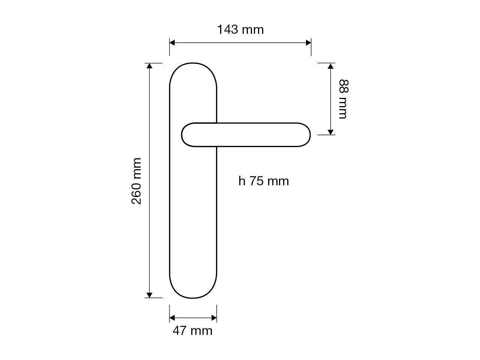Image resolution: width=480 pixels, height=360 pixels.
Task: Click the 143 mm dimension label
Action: click(x=240, y=29)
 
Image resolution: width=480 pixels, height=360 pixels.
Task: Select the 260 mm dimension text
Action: click(x=136, y=181)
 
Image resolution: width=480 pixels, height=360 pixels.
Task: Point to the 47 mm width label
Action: click(x=192, y=331)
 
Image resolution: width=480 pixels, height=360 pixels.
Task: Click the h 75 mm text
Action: click(x=264, y=181)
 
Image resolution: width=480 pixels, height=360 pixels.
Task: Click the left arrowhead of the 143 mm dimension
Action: click(x=172, y=43)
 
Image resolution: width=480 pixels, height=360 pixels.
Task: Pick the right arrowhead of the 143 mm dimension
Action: click(x=308, y=43)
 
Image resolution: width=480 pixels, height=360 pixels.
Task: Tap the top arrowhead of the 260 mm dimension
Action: click(x=150, y=66)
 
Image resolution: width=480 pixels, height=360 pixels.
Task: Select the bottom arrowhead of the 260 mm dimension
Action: click(x=150, y=295)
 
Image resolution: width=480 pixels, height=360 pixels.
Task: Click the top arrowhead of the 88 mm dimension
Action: click(x=330, y=66)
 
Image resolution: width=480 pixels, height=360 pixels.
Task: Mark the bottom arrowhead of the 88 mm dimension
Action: click(x=330, y=132)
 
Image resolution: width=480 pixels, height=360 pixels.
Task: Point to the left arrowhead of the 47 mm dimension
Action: click(x=172, y=318)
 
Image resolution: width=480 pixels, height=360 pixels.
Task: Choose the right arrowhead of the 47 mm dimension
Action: click(x=214, y=318)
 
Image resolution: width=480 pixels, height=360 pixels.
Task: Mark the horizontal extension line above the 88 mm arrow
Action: click(x=326, y=63)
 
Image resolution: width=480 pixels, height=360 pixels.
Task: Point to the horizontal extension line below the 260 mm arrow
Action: click(x=154, y=298)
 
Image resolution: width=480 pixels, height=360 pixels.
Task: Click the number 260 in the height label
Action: click(x=136, y=192)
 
